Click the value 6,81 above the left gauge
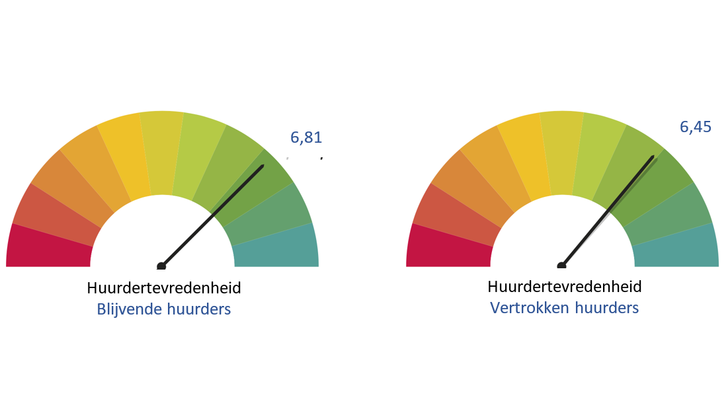306,137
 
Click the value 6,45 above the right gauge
696,127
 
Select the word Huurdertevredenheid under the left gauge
164,288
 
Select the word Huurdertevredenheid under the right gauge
565,287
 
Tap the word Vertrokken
530,308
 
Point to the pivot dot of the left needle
161,266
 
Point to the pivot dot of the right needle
561,266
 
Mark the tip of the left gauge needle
263,166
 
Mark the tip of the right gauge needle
653,157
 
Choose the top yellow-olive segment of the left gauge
161,153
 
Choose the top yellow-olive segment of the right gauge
562,153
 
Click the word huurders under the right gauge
607,308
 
